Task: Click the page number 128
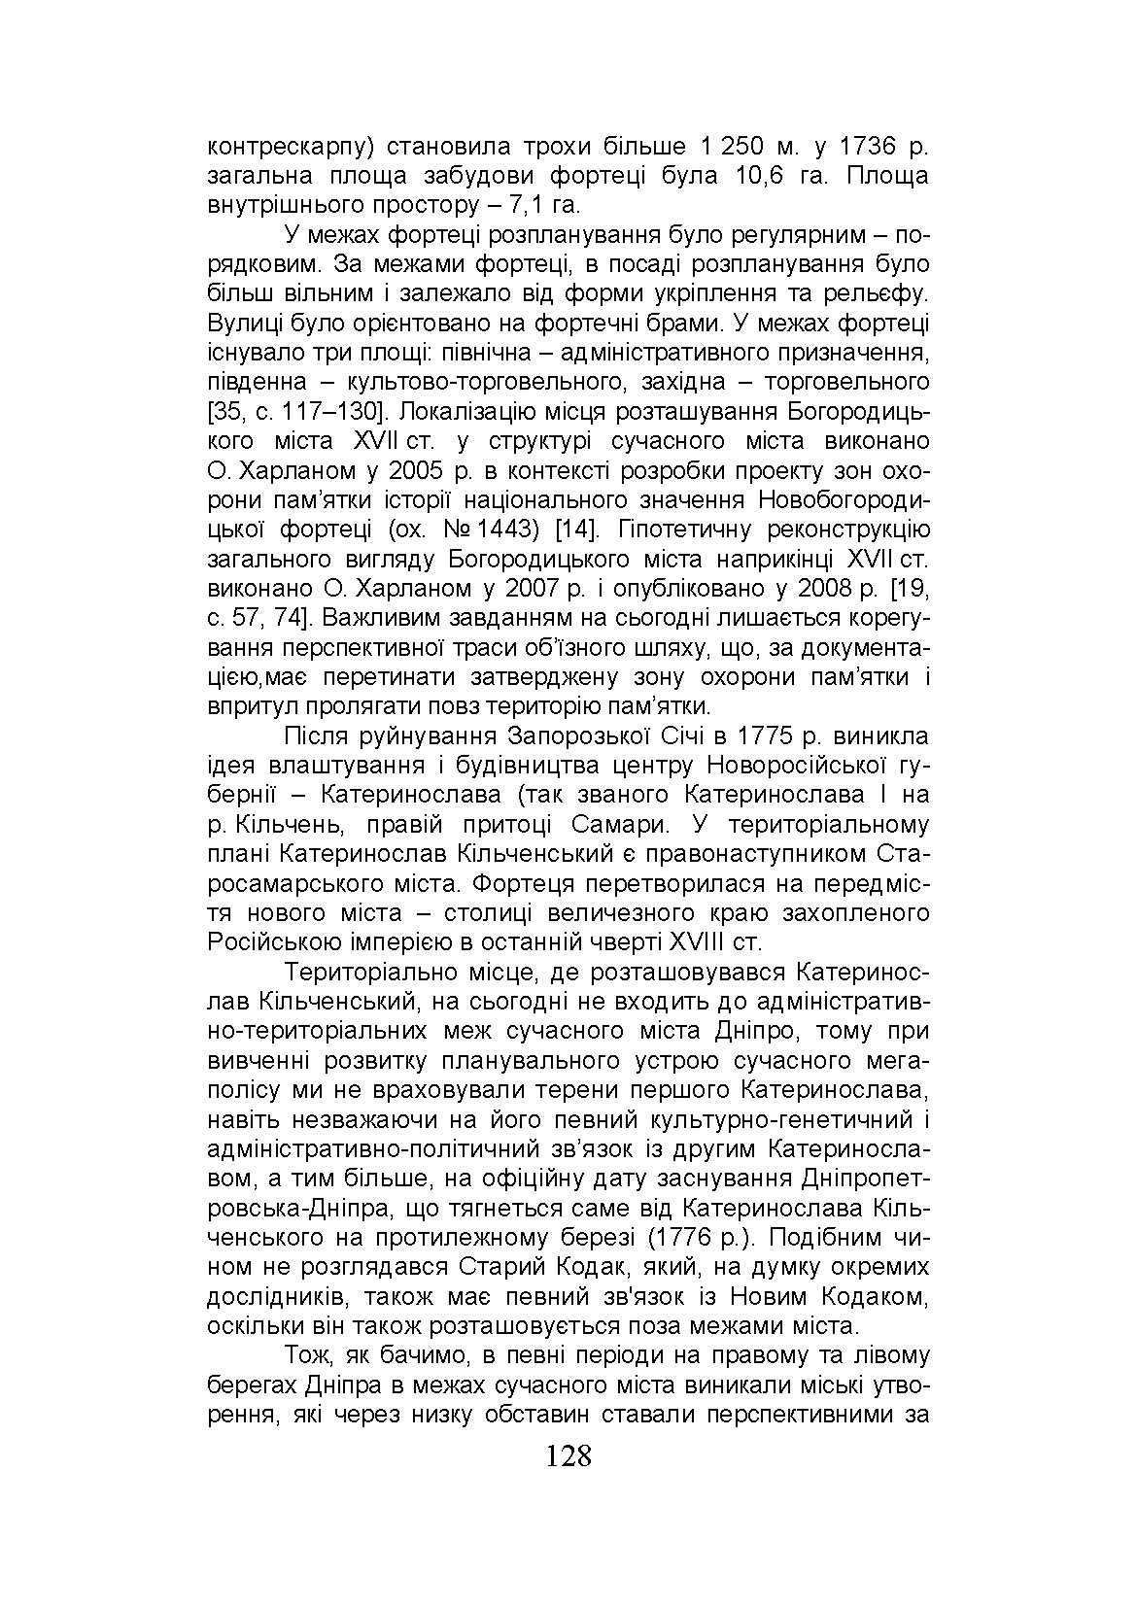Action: click(568, 1456)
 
